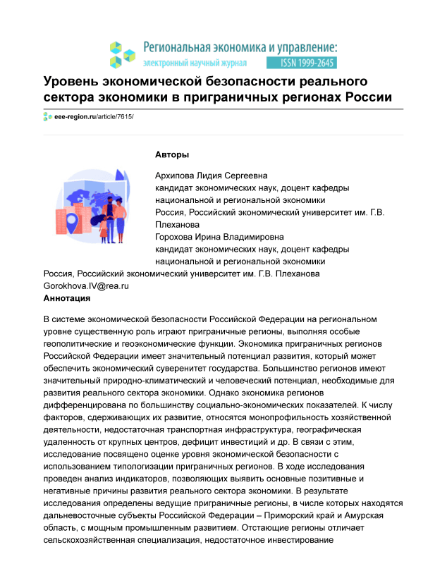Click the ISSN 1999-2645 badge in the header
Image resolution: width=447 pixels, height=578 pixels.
pos(307,62)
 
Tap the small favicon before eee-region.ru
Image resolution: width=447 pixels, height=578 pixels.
pos(48,116)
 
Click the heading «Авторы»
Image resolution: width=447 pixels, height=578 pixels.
pos(172,154)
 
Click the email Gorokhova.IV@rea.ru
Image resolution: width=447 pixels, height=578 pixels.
pos(86,286)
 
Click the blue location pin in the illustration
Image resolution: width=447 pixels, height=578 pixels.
pos(71,224)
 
